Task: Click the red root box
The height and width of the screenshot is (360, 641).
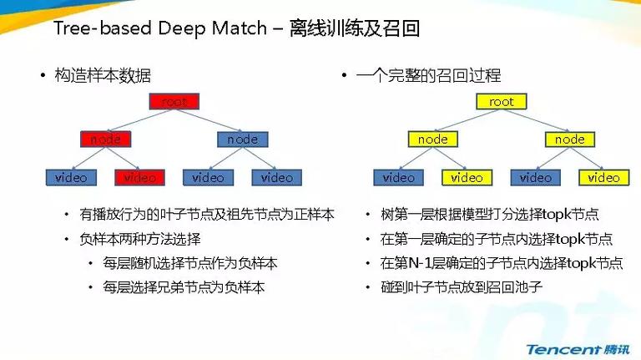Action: [174, 101]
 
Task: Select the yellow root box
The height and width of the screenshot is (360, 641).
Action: [501, 101]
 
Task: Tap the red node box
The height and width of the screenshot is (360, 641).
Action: [105, 139]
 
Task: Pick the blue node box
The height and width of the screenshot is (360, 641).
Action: [242, 139]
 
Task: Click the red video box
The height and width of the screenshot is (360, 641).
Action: [140, 178]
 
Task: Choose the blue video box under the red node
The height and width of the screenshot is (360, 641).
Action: [71, 178]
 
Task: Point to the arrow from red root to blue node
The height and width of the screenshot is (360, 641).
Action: [208, 120]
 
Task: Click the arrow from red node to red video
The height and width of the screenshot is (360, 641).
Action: [123, 159]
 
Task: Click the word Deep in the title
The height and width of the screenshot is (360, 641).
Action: [183, 28]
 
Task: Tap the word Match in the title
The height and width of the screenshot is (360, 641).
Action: [240, 28]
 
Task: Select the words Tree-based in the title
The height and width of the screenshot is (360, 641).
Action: [103, 28]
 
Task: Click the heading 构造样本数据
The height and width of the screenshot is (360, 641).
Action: [103, 76]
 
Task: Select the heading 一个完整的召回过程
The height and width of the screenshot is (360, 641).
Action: [428, 76]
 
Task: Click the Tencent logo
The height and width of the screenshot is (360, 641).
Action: [578, 349]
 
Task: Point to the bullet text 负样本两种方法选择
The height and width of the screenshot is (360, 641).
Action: [140, 239]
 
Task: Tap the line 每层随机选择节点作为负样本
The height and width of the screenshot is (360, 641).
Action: [190, 263]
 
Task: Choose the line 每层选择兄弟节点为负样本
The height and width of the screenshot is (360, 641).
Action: [184, 287]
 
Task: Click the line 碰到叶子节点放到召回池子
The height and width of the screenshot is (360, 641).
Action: [462, 287]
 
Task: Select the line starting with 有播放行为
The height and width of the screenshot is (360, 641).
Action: [207, 215]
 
